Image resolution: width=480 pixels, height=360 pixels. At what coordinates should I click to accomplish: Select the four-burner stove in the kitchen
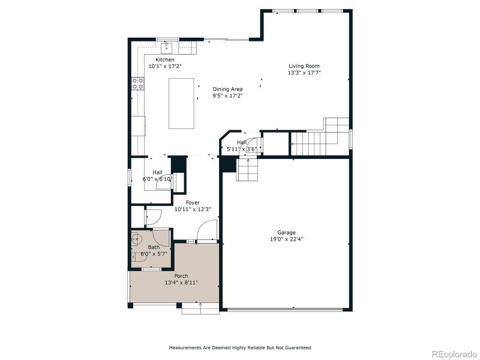(137, 85)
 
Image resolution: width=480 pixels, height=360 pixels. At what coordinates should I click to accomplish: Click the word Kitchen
(165, 60)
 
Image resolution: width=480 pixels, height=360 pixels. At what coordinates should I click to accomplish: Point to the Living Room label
(304, 67)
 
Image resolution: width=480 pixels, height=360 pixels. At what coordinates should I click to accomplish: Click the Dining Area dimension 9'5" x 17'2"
(228, 95)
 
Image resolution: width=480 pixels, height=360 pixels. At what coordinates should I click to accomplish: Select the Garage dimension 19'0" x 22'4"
(286, 239)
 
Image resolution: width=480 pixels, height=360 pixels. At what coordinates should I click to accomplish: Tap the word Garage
(286, 232)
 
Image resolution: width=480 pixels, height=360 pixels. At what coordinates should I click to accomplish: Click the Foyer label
(192, 203)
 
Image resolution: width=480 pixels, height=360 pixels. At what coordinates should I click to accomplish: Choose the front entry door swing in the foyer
(207, 231)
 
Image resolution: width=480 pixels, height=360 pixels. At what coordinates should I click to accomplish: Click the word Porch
(181, 276)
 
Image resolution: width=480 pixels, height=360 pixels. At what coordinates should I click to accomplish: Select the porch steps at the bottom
(200, 308)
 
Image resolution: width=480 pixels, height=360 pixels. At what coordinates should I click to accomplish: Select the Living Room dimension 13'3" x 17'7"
(304, 73)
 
